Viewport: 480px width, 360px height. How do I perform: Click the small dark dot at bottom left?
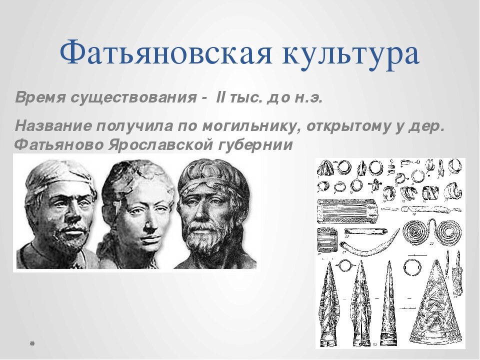32,343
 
